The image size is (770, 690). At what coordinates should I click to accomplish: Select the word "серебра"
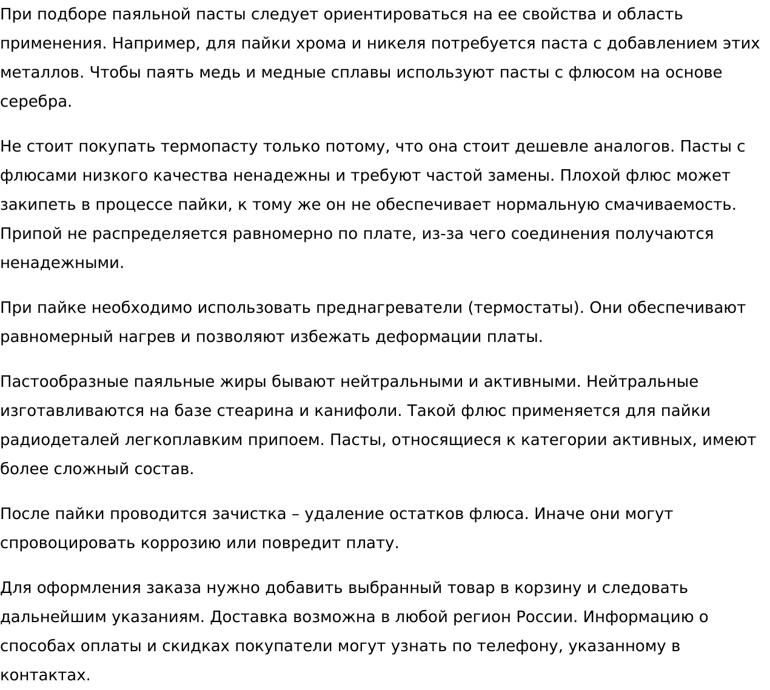coord(35,102)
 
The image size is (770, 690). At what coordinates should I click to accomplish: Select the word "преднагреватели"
coord(389,308)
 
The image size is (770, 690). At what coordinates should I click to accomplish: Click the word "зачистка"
coord(249,514)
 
